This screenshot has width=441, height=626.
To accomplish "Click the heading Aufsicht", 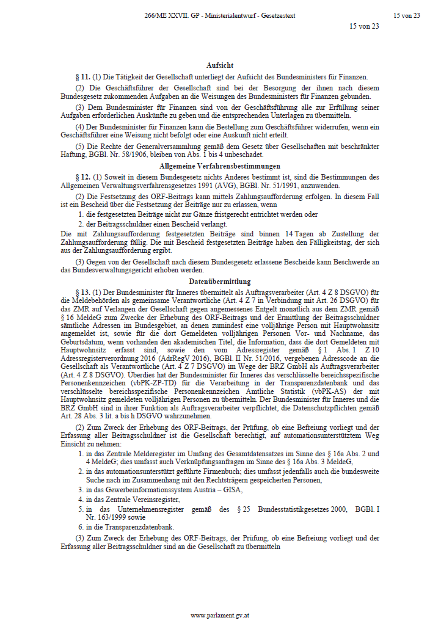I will [x=220, y=65].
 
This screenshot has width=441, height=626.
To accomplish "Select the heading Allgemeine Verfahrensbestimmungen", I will [x=220, y=166].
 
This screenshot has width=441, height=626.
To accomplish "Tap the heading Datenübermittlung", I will [x=220, y=282].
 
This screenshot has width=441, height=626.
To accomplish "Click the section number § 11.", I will [x=82, y=77].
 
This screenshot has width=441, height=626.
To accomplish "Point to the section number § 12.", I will [x=82, y=177].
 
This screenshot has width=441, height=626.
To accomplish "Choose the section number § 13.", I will [x=82, y=293].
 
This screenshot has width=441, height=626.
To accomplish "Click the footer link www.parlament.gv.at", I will [x=220, y=616].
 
